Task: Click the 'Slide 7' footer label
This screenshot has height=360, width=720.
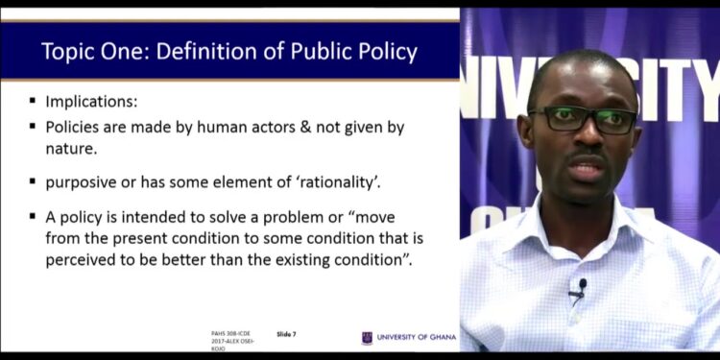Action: coord(286,333)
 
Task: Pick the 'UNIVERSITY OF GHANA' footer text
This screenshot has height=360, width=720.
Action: coord(417,337)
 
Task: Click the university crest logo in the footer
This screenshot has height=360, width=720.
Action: coord(367,337)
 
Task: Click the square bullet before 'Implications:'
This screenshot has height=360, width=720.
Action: coord(33,100)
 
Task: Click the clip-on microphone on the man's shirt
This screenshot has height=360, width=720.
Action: coord(580,287)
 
